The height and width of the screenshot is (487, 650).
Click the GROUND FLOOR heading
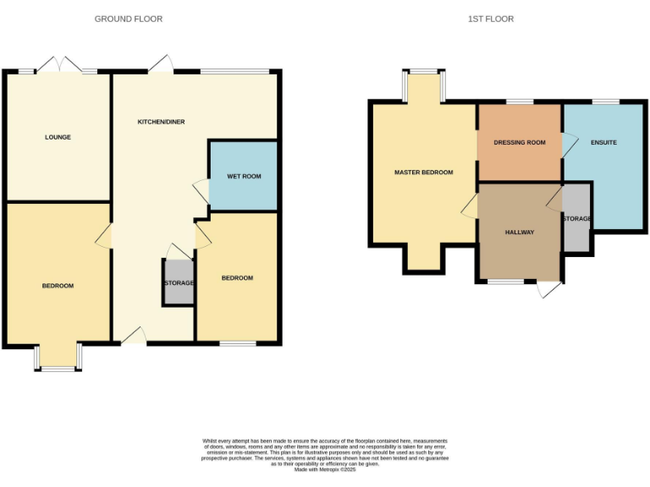(x=129, y=19)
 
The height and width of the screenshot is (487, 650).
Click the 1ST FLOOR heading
(x=491, y=19)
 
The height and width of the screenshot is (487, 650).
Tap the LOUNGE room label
(x=58, y=137)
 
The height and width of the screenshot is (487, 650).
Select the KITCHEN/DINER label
(x=161, y=122)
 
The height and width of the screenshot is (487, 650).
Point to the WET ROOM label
(x=244, y=177)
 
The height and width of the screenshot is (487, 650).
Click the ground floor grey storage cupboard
(x=179, y=282)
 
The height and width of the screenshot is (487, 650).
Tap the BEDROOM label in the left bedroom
(x=58, y=286)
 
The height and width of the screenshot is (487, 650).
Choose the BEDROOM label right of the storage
(x=237, y=278)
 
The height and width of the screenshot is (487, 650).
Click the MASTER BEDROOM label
(x=423, y=172)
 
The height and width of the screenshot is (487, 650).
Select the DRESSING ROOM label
(x=520, y=143)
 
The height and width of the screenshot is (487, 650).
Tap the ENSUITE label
(x=603, y=142)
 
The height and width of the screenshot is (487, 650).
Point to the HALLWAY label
(x=520, y=232)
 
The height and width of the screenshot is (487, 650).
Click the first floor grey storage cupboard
(x=576, y=219)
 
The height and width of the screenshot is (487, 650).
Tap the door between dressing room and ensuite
(x=568, y=143)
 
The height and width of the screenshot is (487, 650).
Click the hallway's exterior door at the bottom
(x=548, y=289)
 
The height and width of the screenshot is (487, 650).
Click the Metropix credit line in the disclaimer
(x=325, y=469)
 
